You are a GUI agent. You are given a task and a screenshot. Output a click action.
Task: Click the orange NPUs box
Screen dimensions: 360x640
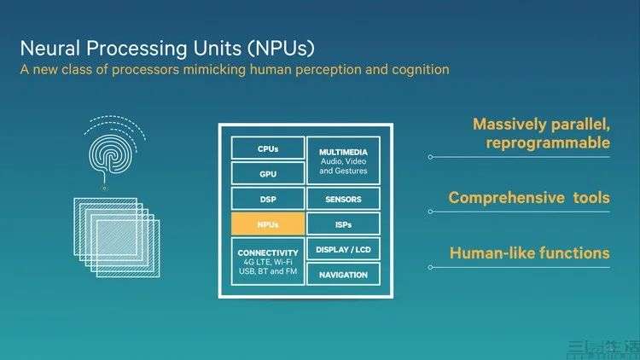click(268, 224)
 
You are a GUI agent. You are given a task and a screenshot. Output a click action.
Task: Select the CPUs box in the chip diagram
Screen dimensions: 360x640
click(268, 148)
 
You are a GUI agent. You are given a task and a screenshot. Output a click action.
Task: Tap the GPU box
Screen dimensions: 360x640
click(268, 173)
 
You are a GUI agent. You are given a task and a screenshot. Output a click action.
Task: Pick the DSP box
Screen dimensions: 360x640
click(268, 199)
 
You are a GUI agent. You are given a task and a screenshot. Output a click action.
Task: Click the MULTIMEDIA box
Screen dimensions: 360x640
click(342, 160)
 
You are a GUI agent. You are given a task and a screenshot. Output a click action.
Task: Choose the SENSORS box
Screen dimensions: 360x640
click(342, 199)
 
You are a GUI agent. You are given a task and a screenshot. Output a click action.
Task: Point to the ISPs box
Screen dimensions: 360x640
click(342, 224)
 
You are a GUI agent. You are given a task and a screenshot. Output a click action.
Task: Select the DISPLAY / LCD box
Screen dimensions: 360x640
click(342, 249)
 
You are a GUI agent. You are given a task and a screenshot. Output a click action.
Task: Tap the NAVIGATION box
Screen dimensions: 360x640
click(342, 274)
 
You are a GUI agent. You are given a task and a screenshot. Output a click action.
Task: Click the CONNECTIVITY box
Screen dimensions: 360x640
click(268, 262)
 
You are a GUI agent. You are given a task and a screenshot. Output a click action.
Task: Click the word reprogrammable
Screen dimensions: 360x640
click(548, 142)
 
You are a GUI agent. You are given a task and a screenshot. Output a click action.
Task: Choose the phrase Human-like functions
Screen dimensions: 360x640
click(529, 253)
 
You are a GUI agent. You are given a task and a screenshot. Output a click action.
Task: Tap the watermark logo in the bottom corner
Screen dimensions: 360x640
click(605, 347)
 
